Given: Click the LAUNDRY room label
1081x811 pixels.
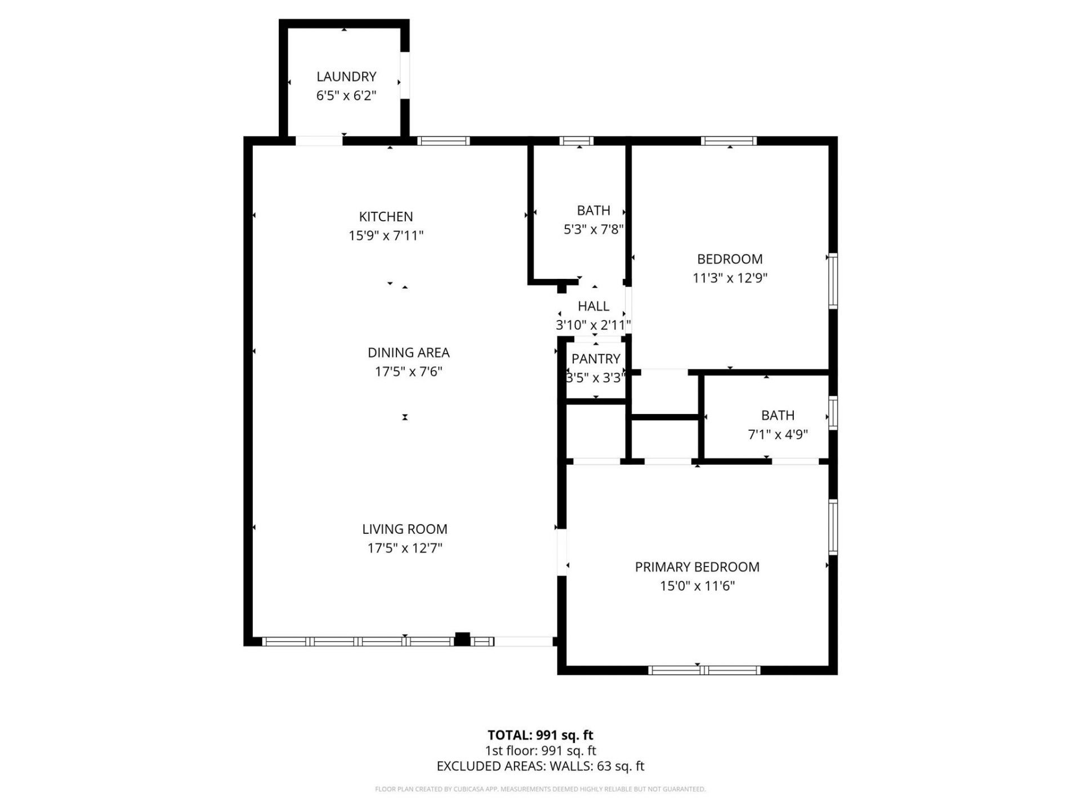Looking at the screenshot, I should click(x=346, y=77).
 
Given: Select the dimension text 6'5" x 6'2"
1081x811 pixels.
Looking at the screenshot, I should click(x=346, y=96).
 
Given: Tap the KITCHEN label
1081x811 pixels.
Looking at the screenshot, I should click(x=386, y=217).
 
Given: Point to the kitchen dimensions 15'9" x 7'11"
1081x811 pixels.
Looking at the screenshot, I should click(x=386, y=235).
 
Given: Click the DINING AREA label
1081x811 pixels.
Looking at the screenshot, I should click(x=408, y=353).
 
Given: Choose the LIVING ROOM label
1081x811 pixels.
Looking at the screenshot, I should click(x=404, y=529).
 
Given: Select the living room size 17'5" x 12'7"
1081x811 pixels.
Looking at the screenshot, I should click(x=404, y=548).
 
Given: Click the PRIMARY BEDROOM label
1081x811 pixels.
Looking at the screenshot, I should click(x=697, y=567).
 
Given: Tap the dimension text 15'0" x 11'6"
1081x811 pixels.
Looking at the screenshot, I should click(x=697, y=586).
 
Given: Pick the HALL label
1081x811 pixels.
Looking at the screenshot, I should click(x=593, y=306).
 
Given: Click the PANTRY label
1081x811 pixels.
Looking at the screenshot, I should click(x=596, y=359).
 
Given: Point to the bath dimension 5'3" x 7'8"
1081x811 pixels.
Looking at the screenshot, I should click(x=593, y=230).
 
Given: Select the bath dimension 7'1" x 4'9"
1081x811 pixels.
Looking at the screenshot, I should click(x=778, y=435).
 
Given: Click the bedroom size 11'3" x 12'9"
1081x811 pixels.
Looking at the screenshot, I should click(x=730, y=278).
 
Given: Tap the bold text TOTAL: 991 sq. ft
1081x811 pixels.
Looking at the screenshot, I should click(x=540, y=735).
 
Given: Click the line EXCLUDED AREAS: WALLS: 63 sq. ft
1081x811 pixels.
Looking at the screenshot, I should click(x=540, y=766).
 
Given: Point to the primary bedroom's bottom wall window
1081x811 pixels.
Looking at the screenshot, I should click(x=704, y=670).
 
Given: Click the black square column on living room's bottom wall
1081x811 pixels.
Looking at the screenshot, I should click(x=462, y=639).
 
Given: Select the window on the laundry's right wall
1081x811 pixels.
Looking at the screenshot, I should click(x=404, y=76).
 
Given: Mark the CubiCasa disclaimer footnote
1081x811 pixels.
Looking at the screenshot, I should click(x=540, y=789).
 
